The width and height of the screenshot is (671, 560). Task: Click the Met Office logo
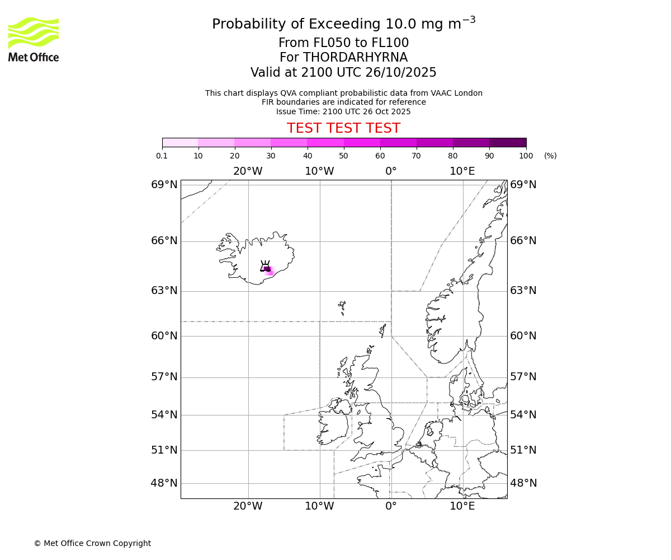[x=34, y=39]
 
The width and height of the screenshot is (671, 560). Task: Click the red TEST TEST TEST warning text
[x=343, y=128]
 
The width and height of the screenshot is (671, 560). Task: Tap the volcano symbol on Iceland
[x=265, y=267]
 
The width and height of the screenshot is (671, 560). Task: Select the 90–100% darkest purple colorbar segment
[x=508, y=142]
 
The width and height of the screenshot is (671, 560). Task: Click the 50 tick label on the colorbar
[x=343, y=156]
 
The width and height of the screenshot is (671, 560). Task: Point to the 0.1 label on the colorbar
[x=162, y=156]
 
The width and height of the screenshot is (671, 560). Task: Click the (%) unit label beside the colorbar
[x=550, y=156]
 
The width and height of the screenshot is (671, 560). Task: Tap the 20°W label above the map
[x=248, y=171]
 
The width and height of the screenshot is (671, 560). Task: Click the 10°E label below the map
[x=462, y=506]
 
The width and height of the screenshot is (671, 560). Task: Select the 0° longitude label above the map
[x=391, y=171]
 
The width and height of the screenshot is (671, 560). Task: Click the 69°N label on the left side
[x=164, y=185]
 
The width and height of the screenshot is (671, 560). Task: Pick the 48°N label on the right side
[x=523, y=483]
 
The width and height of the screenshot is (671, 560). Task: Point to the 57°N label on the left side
[x=164, y=376]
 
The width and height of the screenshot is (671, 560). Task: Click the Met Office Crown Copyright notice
[x=92, y=543]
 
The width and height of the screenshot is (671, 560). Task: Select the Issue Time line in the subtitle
[x=343, y=111]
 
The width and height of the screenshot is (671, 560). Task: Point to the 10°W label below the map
[x=319, y=506]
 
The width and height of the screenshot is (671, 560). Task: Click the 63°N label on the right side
[x=523, y=290]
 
